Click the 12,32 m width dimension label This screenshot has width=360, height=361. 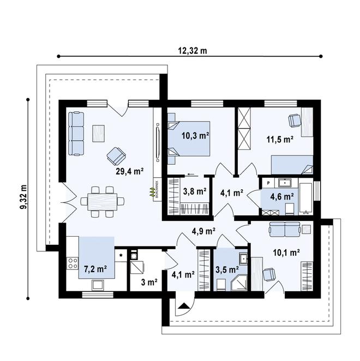pyautogui.click(x=192, y=50)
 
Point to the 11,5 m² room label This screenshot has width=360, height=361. pyautogui.click(x=282, y=139)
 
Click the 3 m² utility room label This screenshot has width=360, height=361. pyautogui.click(x=149, y=282)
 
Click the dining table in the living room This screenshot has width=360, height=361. pyautogui.click(x=103, y=201)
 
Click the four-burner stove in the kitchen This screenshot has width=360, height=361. pyautogui.click(x=72, y=264)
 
